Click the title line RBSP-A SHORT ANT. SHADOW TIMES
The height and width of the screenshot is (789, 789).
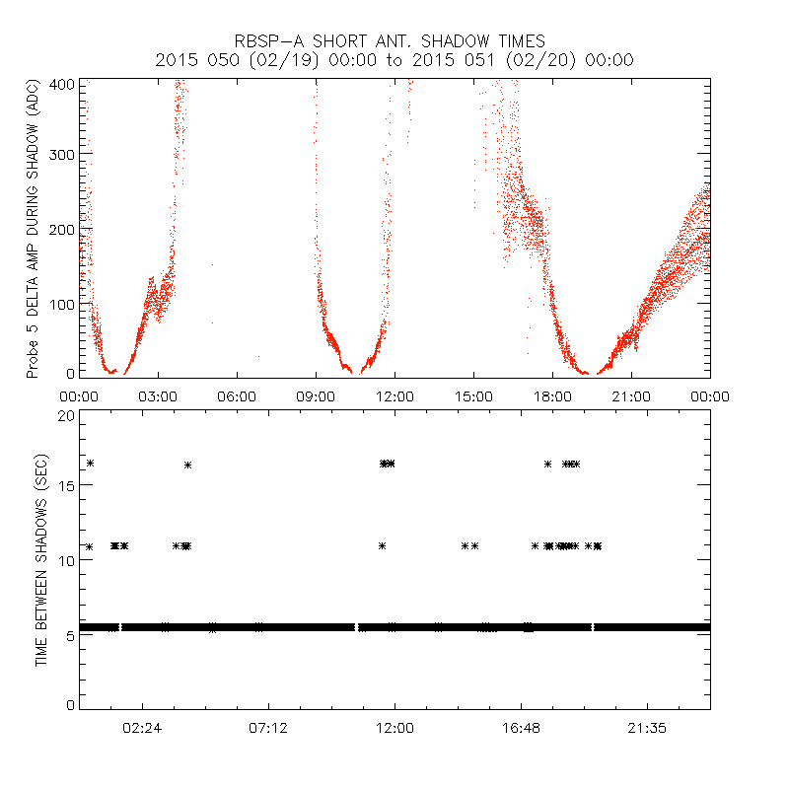[x=394, y=41]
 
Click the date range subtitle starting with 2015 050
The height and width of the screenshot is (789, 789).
[x=394, y=60]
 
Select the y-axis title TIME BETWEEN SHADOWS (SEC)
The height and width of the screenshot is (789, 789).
[x=41, y=561]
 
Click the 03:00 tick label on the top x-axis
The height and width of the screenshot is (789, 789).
[x=158, y=395]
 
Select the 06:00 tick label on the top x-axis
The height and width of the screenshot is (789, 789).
[x=237, y=395]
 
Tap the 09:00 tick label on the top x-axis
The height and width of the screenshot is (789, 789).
[x=316, y=395]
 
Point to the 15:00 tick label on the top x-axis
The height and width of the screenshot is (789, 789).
[x=473, y=395]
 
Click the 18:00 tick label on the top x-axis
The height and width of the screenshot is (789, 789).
[x=552, y=395]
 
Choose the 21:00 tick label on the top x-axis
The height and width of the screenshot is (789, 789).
[x=631, y=395]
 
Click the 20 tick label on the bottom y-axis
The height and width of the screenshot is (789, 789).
[x=66, y=416]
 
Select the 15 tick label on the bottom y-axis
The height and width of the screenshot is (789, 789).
[x=66, y=488]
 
